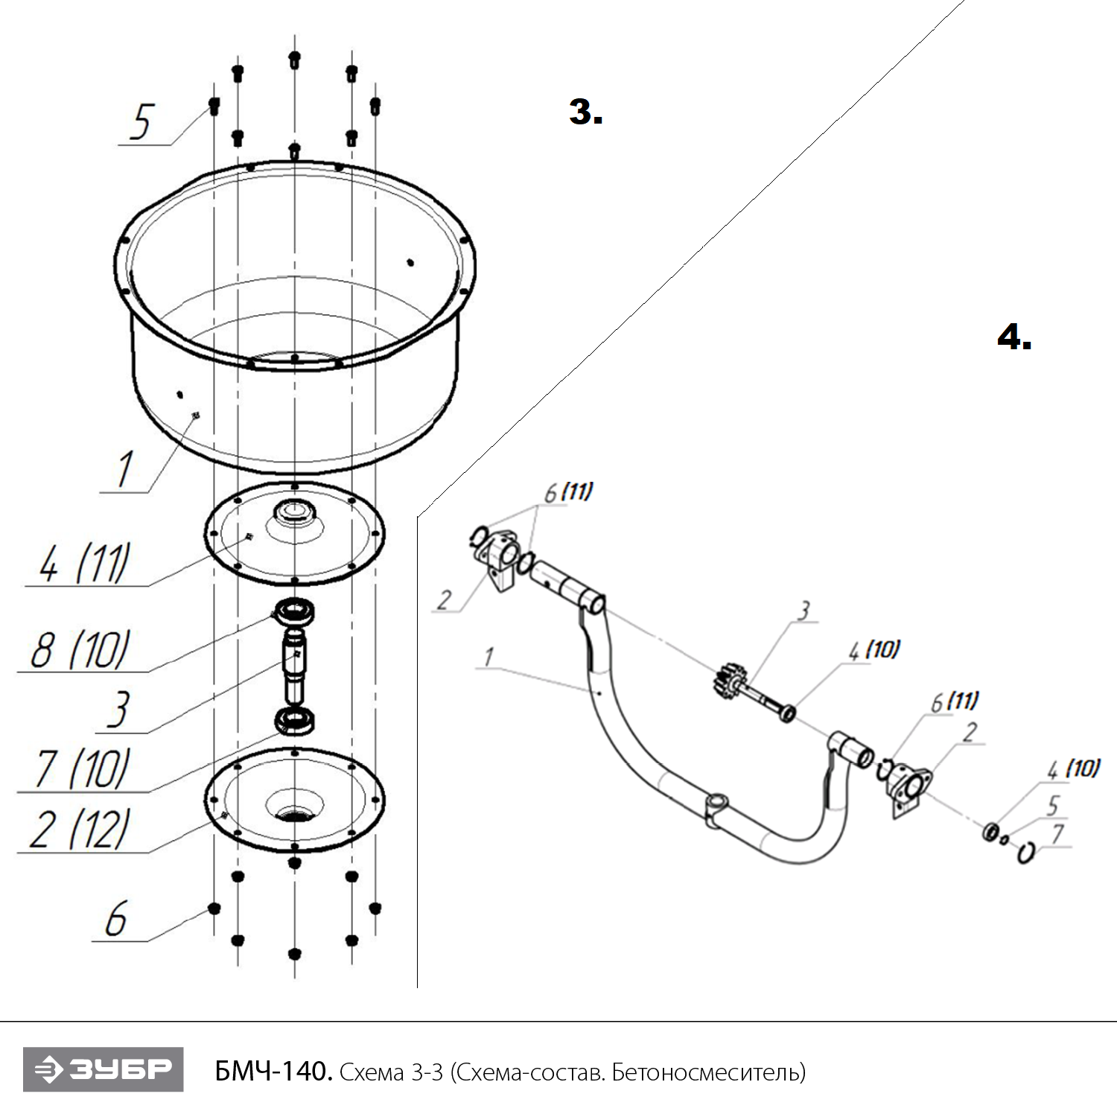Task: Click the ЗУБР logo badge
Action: click(x=103, y=1069)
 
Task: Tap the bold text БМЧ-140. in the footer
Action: click(x=273, y=1072)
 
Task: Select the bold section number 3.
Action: click(x=585, y=112)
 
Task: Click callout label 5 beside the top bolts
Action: click(x=141, y=123)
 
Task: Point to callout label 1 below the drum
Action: click(x=124, y=469)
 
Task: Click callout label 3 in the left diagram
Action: click(x=118, y=710)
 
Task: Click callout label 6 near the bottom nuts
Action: click(x=115, y=920)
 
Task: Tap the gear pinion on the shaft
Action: click(x=726, y=680)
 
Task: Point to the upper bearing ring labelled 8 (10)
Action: click(x=295, y=613)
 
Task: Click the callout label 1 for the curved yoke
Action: click(x=489, y=658)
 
